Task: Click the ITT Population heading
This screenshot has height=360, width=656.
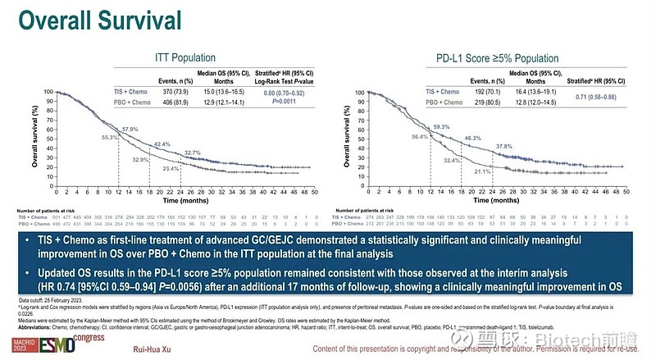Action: [x=185, y=58]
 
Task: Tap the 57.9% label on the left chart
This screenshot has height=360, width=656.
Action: [x=130, y=130]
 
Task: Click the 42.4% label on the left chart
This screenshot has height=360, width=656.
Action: [x=162, y=144]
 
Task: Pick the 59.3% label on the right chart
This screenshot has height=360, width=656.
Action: [x=442, y=127]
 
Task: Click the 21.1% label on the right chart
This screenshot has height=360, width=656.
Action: [x=483, y=171]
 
